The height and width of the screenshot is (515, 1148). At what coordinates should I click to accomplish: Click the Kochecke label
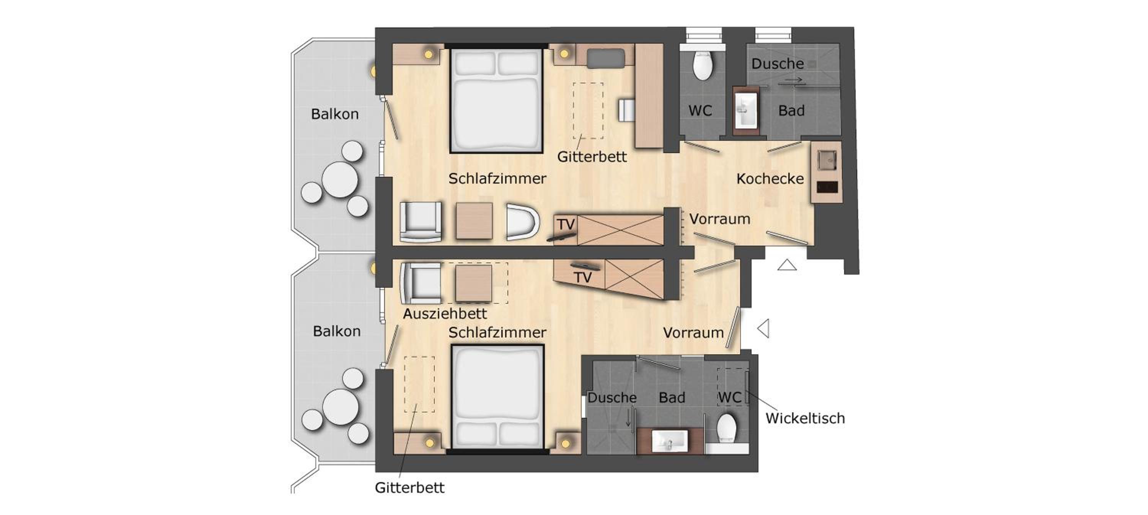(770, 179)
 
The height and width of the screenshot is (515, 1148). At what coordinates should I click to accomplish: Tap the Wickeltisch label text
(805, 418)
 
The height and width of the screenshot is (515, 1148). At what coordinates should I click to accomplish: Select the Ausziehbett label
(445, 314)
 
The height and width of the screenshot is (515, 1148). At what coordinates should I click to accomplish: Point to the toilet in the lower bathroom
(726, 428)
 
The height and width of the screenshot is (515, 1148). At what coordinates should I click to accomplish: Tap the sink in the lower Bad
(669, 441)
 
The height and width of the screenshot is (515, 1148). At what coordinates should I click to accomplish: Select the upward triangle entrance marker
(787, 265)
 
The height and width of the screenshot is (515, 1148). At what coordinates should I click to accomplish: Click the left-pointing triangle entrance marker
(763, 329)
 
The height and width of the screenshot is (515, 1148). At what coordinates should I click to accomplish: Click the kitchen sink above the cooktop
(827, 160)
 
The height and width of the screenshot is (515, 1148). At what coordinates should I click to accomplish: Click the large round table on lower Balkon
(341, 407)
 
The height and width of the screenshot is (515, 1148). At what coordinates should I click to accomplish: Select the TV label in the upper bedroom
(566, 224)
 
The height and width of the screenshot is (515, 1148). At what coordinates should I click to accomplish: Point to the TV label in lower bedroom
(582, 277)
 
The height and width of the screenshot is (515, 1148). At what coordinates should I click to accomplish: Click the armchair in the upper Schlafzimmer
(421, 222)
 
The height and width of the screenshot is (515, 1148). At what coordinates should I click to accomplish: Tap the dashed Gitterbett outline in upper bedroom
(588, 111)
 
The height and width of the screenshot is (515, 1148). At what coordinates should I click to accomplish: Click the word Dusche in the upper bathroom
(778, 64)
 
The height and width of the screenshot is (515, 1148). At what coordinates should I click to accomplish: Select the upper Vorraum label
(720, 219)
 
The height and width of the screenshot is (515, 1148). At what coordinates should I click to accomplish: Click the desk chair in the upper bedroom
(626, 110)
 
